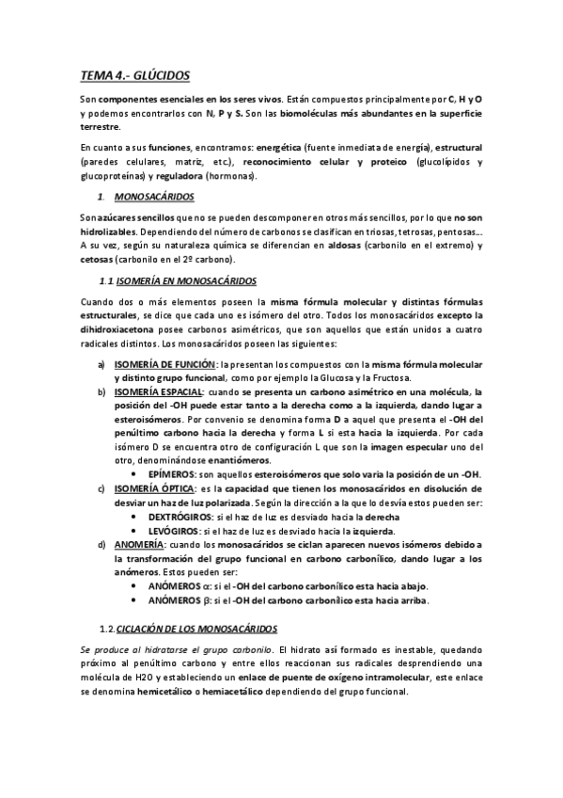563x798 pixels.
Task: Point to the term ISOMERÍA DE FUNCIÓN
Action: pyautogui.click(x=164, y=364)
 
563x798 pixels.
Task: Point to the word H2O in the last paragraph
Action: pyautogui.click(x=150, y=678)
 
